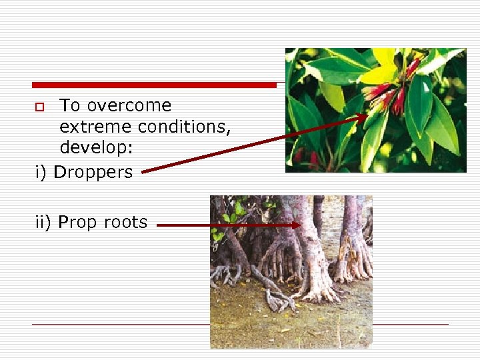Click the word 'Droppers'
[x=93, y=173]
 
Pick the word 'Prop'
[x=77, y=223]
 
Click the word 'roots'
[x=125, y=223]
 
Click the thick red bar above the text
[x=154, y=85]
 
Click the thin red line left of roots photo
[x=120, y=324]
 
